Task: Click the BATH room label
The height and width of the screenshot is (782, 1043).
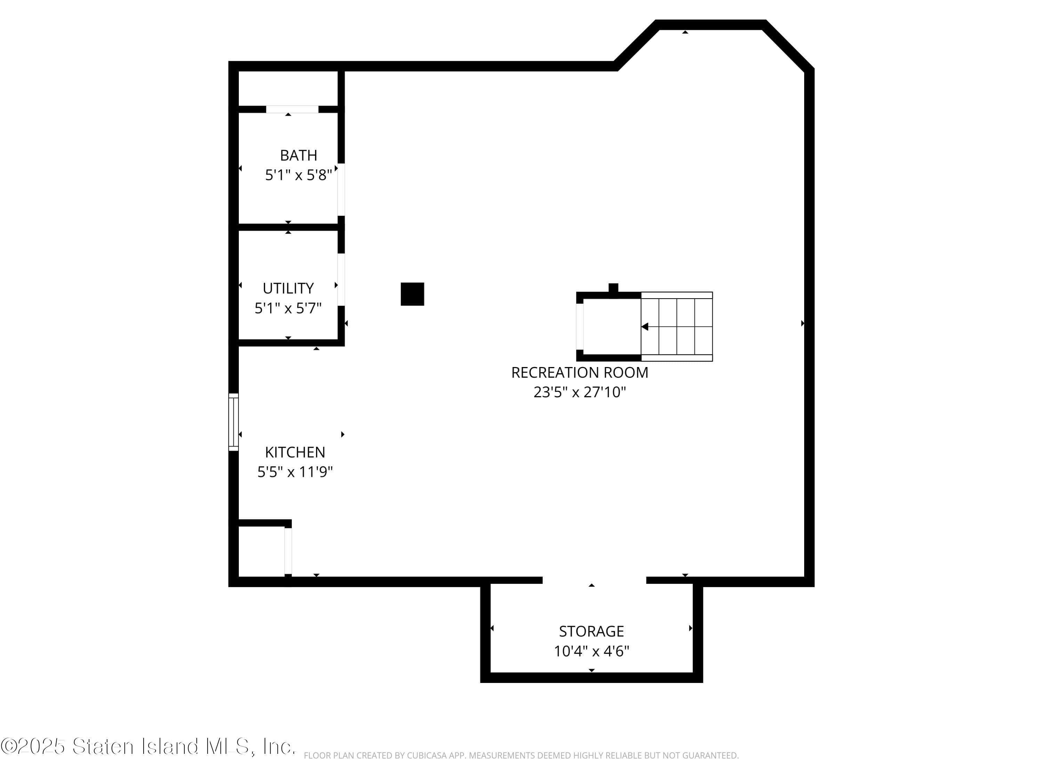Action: click(x=298, y=155)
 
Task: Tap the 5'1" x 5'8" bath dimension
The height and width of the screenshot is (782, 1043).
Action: click(x=298, y=176)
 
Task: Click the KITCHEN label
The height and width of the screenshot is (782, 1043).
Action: click(x=295, y=452)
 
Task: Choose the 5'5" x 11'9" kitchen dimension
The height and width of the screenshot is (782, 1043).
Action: click(x=295, y=472)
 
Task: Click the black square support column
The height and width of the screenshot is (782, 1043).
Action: click(x=412, y=294)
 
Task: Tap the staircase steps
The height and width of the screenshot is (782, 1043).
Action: click(x=676, y=327)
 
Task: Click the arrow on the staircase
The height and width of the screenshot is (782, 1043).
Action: click(x=645, y=327)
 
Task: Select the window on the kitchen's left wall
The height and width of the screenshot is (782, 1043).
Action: click(x=233, y=422)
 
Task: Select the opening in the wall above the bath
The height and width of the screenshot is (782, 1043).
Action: click(x=292, y=109)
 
